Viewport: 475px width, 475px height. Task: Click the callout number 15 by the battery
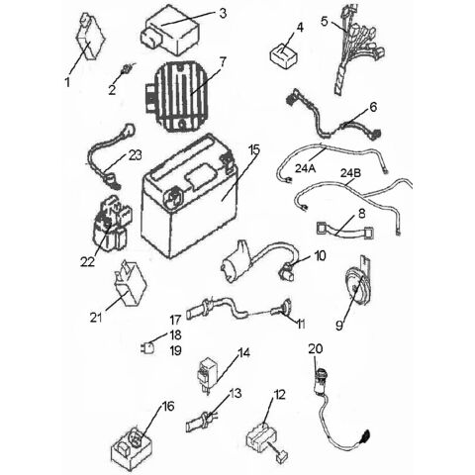tap(253, 149)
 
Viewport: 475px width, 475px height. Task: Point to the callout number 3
tap(223, 13)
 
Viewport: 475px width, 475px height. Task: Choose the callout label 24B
tap(351, 174)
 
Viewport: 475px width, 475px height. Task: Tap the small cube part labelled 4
tap(285, 51)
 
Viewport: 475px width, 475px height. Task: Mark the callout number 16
tap(167, 406)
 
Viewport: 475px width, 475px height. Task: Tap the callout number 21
tap(96, 318)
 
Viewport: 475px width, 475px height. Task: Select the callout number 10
tap(319, 255)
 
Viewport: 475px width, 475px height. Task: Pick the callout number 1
tap(67, 82)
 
